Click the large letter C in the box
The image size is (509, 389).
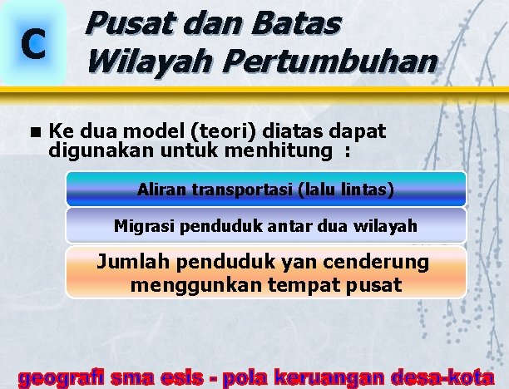pyautogui.click(x=32, y=46)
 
